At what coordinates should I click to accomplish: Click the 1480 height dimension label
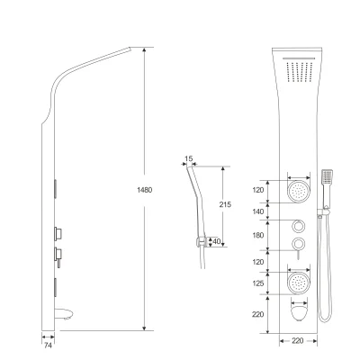tap(144, 190)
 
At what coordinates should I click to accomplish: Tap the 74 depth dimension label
tap(48, 346)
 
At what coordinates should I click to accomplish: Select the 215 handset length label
tap(225, 204)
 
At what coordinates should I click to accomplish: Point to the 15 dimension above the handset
tap(189, 158)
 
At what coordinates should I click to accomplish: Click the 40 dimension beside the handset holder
tap(216, 241)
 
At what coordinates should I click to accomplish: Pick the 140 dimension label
tap(258, 211)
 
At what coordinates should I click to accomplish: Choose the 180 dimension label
tap(258, 235)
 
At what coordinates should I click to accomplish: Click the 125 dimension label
tap(258, 283)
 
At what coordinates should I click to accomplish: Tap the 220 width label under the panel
tap(297, 341)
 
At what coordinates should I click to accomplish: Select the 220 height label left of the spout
tap(258, 314)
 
